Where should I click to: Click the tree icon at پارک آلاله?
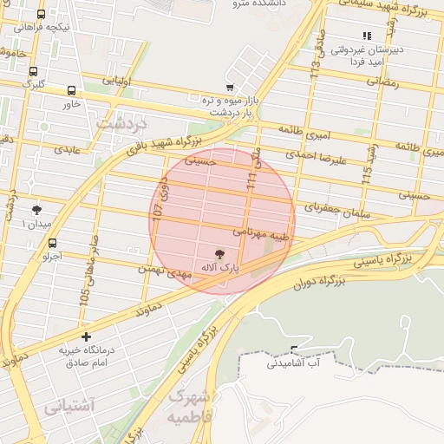(x=218, y=255)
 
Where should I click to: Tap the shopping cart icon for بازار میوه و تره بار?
(x=229, y=88)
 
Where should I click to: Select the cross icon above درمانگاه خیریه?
(x=86, y=336)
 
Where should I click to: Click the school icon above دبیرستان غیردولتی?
(x=366, y=36)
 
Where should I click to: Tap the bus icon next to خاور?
(x=71, y=89)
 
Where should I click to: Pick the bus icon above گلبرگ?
(x=33, y=72)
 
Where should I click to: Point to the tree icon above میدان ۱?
(x=36, y=210)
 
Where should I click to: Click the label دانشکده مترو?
(x=254, y=4)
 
